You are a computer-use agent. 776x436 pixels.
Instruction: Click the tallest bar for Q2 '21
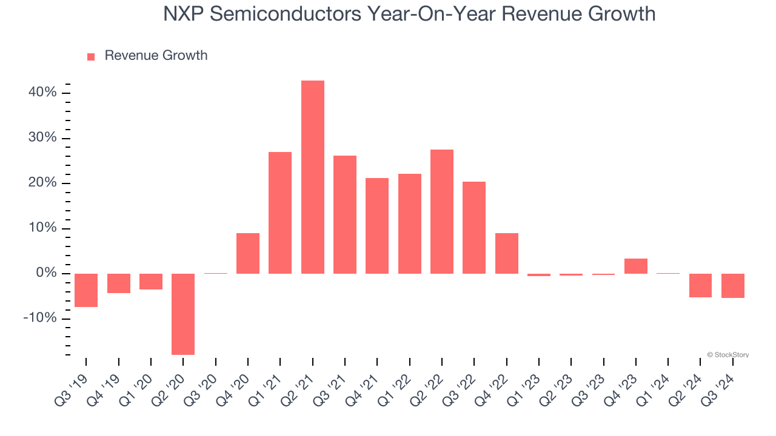[x=313, y=177]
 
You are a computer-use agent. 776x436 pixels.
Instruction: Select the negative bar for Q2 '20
[x=183, y=314]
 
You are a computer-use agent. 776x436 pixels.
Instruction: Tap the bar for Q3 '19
[x=86, y=290]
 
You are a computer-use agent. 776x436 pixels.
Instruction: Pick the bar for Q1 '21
[x=280, y=213]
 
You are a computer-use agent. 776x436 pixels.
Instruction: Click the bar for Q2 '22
[x=442, y=211]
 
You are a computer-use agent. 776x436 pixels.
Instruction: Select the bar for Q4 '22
[x=507, y=253]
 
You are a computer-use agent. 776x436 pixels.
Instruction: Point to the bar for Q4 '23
[x=636, y=266]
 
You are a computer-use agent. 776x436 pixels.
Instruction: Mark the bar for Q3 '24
[x=733, y=286]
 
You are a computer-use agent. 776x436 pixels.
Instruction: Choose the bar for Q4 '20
[x=248, y=253]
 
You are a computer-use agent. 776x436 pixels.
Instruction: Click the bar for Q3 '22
[x=474, y=228]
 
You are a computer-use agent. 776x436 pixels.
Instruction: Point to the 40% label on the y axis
[x=42, y=93]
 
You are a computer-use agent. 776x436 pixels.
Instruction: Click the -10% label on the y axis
[x=40, y=319]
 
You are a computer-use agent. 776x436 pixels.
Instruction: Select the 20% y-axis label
[x=42, y=183]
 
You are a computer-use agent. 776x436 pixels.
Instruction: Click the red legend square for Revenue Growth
[x=91, y=57]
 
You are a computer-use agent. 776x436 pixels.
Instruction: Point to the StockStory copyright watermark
[x=728, y=355]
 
